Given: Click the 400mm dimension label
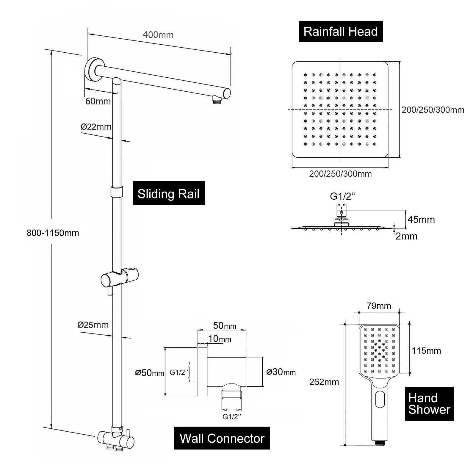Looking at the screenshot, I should tap(158, 35).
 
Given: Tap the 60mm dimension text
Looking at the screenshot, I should tap(98, 101).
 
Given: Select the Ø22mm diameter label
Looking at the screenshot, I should tap(96, 127).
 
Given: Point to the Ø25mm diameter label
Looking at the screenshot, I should tap(93, 325).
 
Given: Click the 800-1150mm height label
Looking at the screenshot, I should tap(53, 233).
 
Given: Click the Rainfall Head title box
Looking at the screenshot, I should tap(341, 32).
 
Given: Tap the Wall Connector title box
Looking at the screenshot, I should tap(222, 438).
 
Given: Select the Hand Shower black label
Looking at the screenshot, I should tap(429, 404).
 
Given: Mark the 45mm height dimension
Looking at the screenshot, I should tap(421, 220).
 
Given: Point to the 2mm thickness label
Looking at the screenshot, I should tap(406, 236).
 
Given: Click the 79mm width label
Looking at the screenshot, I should tap(379, 306).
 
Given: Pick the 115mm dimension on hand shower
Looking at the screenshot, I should tap(426, 351).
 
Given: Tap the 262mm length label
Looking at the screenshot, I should tap(324, 382).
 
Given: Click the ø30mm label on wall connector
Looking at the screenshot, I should tap(281, 372).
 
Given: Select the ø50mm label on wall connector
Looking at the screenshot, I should tap(149, 373).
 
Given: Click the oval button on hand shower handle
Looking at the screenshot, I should tap(380, 399).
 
